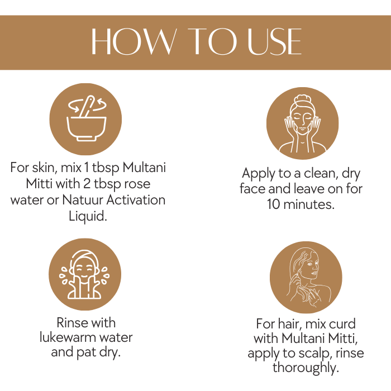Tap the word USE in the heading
coord(274,41)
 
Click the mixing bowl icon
coord(85,119)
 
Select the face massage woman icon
coord(303,123)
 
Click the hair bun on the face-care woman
coord(303,99)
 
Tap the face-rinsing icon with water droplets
coord(85,274)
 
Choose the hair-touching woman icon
coord(306,277)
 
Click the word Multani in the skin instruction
coord(144,168)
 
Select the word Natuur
coord(83,200)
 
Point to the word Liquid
coord(88,216)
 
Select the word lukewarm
coord(68,337)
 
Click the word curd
coord(342,324)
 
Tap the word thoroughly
coord(306,368)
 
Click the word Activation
coord(136,200)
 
